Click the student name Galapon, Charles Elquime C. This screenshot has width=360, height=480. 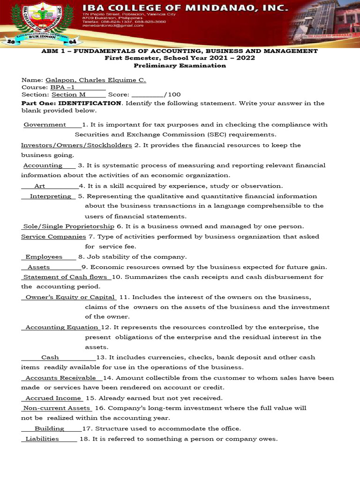click(96, 80)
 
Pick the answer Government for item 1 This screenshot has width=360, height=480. click(45, 125)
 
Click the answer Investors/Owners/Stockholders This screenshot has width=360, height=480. click(76, 145)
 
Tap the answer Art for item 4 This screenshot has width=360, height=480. click(40, 186)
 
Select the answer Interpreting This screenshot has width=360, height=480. click(51, 196)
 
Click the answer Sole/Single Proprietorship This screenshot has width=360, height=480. click(69, 226)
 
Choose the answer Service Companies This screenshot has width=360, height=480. click(53, 237)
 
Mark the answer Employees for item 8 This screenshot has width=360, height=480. click(44, 257)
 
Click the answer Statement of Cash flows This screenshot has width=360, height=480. click(65, 277)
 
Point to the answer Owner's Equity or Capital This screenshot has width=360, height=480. click(70, 297)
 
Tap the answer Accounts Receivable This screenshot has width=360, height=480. click(61, 378)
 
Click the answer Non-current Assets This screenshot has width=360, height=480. click(57, 408)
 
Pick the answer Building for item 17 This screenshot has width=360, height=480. click(49, 428)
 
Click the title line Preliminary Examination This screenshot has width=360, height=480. click(180, 66)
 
